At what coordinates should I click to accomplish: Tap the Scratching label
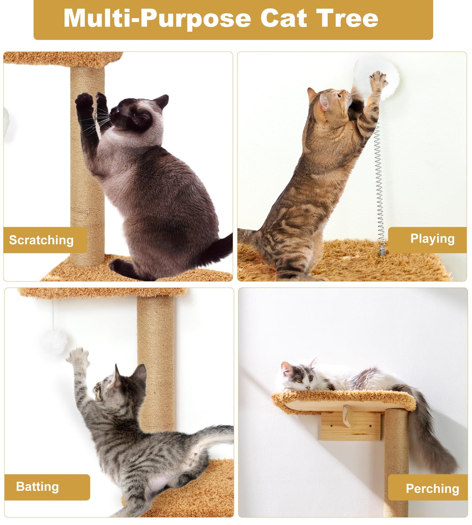point(41,240)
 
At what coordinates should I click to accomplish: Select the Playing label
point(432,239)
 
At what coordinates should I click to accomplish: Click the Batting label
point(38,486)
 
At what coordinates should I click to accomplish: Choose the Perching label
point(432,488)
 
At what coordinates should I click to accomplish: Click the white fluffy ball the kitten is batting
point(54,342)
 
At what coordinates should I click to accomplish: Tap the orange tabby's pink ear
point(324,102)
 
